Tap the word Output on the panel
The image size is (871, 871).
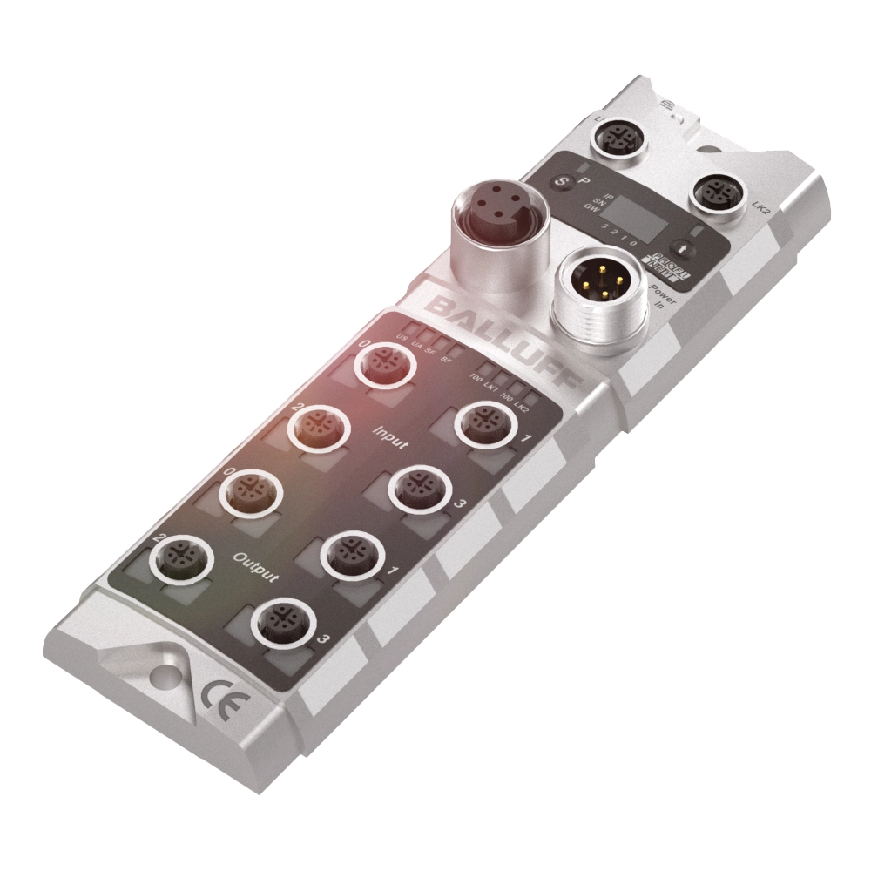pyautogui.click(x=257, y=565)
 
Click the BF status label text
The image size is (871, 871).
pyautogui.click(x=446, y=360)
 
